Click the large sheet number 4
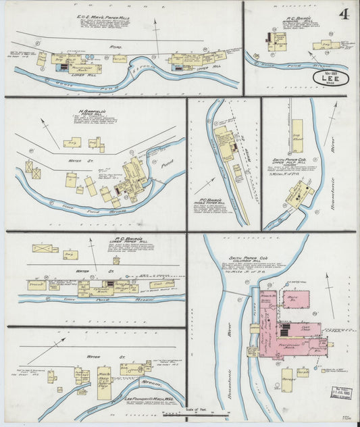tap(344, 14)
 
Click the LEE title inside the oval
tap(331, 78)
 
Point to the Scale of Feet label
tap(203, 410)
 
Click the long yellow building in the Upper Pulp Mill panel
tap(297, 136)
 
